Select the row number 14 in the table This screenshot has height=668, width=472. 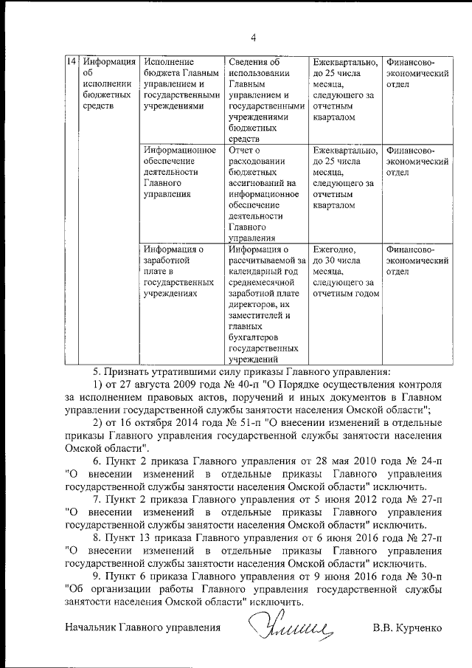72,61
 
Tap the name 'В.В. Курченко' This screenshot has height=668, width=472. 408,629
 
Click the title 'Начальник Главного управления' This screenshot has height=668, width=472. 143,629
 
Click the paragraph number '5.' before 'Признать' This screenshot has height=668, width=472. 97,373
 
